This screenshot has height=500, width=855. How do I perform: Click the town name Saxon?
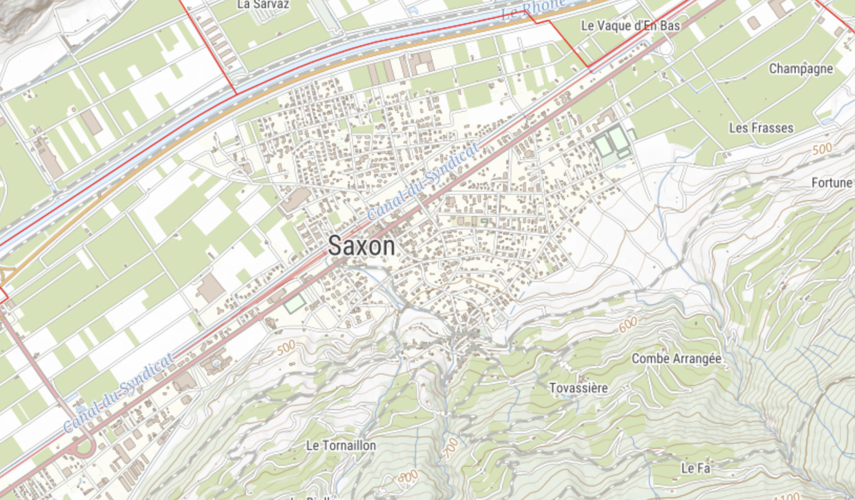pyautogui.click(x=361, y=246)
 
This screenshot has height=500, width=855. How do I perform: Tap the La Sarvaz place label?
pyautogui.click(x=263, y=5)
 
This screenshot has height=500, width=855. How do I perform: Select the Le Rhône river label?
pyautogui.click(x=532, y=9)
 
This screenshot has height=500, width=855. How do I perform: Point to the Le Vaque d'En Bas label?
pyautogui.click(x=630, y=25)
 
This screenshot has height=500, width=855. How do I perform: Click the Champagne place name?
pyautogui.click(x=800, y=69)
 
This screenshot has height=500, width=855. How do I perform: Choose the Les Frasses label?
pyautogui.click(x=761, y=128)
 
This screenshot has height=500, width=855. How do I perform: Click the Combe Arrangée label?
pyautogui.click(x=676, y=359)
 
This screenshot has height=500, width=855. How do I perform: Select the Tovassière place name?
pyautogui.click(x=579, y=388)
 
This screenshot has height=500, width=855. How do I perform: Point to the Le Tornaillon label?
pyautogui.click(x=341, y=445)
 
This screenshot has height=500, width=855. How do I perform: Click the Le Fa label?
pyautogui.click(x=696, y=468)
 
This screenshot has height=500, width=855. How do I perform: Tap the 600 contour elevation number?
pyautogui.click(x=628, y=325)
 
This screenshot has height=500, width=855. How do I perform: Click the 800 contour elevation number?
pyautogui.click(x=408, y=477)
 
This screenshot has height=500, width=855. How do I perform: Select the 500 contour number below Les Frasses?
pyautogui.click(x=822, y=149)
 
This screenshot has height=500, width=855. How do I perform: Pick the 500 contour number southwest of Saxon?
pyautogui.click(x=286, y=347)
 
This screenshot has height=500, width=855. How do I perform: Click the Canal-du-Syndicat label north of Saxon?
pyautogui.click(x=423, y=181)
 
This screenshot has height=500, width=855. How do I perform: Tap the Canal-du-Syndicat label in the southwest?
pyautogui.click(x=119, y=393)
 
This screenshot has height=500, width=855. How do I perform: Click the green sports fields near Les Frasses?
pyautogui.click(x=612, y=142)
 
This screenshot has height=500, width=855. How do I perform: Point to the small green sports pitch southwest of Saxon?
pyautogui.click(x=294, y=304)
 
